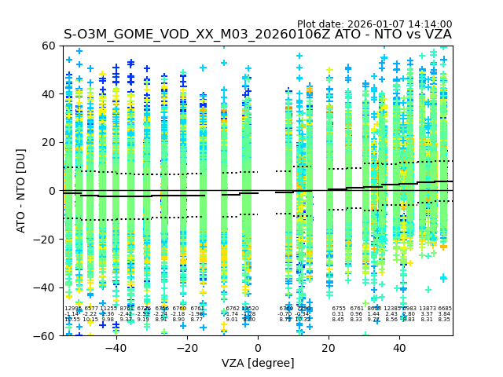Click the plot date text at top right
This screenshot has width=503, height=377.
point(374,24)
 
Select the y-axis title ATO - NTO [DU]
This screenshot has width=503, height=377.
point(22,191)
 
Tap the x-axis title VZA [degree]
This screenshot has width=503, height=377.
point(258,363)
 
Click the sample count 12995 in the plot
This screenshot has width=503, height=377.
point(72,309)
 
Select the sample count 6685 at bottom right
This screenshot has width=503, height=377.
point(445,309)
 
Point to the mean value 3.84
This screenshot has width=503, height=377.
point(445,314)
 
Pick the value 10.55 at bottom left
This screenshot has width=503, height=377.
point(72,320)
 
